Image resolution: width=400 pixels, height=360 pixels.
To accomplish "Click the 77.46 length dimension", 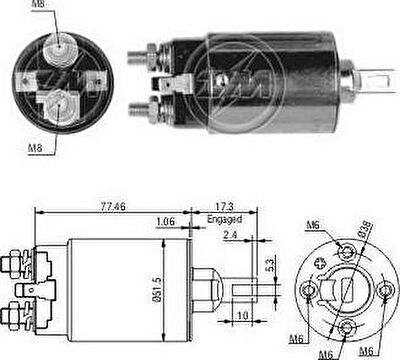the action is click(113, 207).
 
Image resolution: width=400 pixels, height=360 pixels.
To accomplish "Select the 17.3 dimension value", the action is click(224, 207).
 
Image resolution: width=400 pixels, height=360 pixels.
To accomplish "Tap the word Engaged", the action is click(224, 219).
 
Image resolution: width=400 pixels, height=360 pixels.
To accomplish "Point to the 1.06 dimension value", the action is click(165, 222).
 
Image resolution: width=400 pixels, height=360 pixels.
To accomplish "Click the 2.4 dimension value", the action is click(230, 235).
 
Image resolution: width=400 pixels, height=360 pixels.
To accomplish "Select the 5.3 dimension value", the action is click(270, 265).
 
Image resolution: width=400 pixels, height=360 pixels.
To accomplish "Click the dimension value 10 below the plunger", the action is click(243, 315).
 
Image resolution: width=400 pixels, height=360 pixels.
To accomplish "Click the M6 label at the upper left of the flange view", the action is click(313, 225).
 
